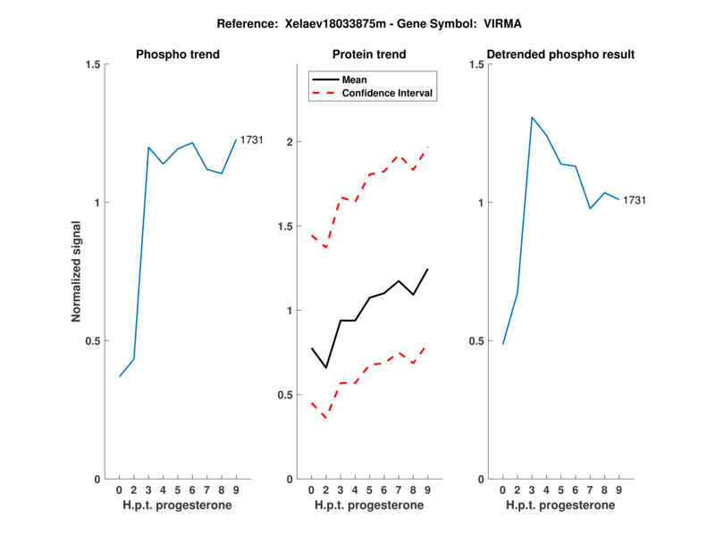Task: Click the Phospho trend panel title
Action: [x=178, y=54]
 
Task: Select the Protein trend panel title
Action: [x=369, y=54]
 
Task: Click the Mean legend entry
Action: [x=355, y=79]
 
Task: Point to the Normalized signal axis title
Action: [x=77, y=272]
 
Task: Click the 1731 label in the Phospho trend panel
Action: [x=251, y=139]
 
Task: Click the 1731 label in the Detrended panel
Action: [x=634, y=200]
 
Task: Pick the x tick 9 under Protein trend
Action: [x=428, y=490]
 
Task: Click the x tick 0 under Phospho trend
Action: [x=120, y=490]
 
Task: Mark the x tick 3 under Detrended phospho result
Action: [x=532, y=490]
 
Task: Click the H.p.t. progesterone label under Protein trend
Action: [x=369, y=506]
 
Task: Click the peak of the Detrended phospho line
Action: [x=532, y=117]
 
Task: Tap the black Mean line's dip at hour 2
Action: [x=326, y=368]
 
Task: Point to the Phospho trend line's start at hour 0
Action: [x=120, y=376]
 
